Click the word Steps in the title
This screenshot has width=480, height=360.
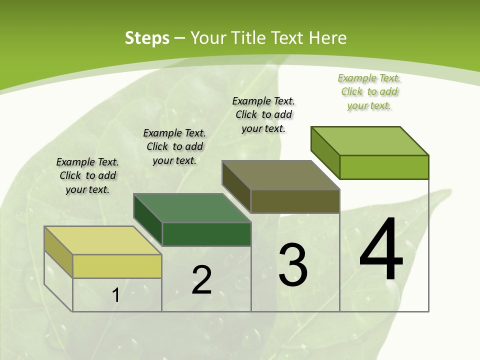point(147,38)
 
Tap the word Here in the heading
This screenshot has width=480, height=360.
point(327,38)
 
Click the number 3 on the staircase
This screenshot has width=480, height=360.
point(292,265)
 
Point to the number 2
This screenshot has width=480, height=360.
point(201,280)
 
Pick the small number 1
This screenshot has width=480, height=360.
point(116,295)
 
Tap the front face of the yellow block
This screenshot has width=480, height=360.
point(117,266)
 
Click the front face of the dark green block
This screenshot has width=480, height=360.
point(206,234)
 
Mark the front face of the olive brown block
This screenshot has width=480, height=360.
point(295,201)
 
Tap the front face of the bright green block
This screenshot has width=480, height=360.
point(384,167)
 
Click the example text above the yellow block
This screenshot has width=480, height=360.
point(87,175)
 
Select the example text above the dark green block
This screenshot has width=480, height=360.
point(174,146)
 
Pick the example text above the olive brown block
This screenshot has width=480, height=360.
point(263,114)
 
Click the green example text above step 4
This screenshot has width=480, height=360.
point(369,91)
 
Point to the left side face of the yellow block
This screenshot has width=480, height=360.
point(58,251)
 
